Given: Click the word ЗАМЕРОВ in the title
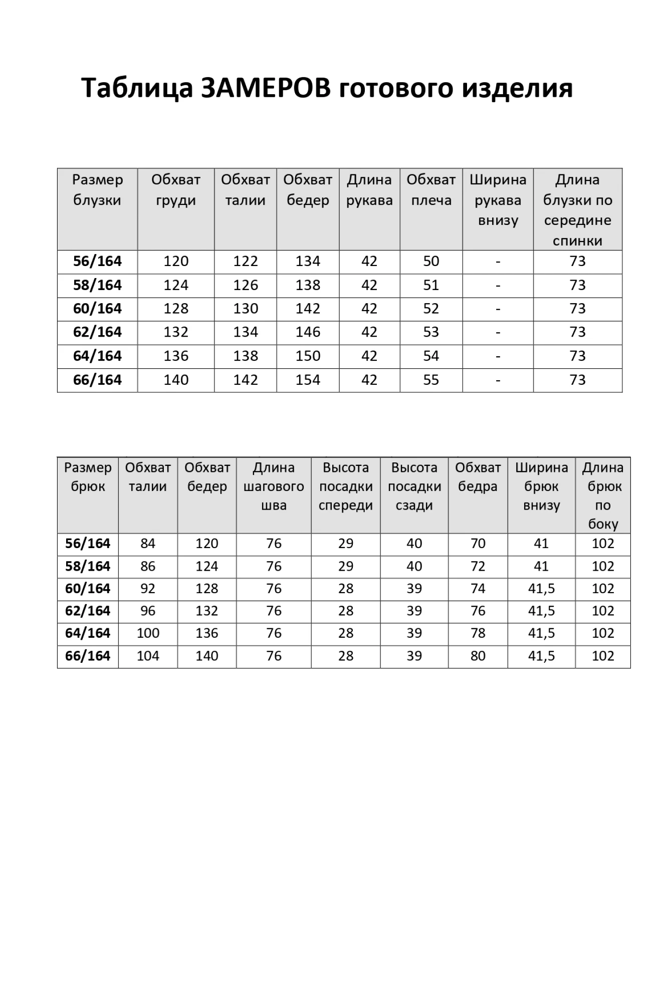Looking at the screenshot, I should [x=266, y=88].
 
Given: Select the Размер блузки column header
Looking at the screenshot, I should [x=97, y=190].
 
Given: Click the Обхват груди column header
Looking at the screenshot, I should [x=176, y=190].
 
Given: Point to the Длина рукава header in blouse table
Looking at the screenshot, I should [x=369, y=190].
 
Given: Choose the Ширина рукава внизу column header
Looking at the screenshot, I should [x=498, y=200].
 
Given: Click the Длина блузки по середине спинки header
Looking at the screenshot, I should [x=577, y=210].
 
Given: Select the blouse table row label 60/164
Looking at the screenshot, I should [x=97, y=309].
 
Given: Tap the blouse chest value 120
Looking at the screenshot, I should [x=176, y=262].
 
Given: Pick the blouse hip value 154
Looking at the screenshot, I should [x=308, y=380].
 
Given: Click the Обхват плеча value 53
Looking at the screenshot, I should [x=431, y=332].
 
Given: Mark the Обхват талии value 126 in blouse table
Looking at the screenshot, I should [x=246, y=286].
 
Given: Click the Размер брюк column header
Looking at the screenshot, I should [x=88, y=477].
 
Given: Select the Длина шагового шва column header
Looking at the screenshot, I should [x=274, y=486].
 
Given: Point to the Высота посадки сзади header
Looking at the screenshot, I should [x=414, y=486].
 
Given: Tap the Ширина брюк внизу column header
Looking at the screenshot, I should [x=541, y=486].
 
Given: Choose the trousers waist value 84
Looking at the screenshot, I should [x=148, y=544].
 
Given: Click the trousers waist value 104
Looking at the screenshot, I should [x=148, y=656].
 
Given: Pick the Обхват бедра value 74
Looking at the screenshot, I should [x=478, y=589].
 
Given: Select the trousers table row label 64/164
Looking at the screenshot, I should [x=88, y=633].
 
